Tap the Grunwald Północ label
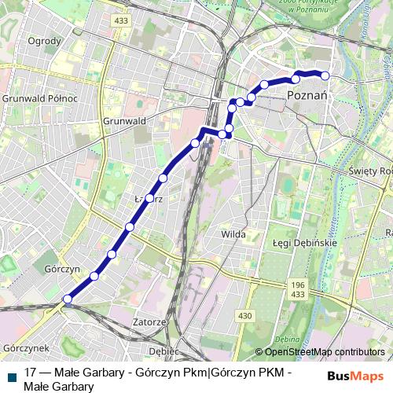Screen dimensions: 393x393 coord(39,99)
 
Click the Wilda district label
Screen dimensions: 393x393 coord(233,233)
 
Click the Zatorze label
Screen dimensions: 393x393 coord(149,322)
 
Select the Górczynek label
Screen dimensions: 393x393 coord(26,347)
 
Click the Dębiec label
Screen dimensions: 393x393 coord(164,350)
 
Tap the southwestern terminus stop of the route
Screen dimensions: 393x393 coord(68,299)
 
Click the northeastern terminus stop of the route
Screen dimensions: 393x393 coord(325,75)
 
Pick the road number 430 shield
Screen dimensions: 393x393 coord(245,315)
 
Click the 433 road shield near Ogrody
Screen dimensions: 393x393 coord(120,20)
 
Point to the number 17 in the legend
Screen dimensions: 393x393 coord(31,373)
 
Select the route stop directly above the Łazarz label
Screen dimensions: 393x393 coord(163,178)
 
